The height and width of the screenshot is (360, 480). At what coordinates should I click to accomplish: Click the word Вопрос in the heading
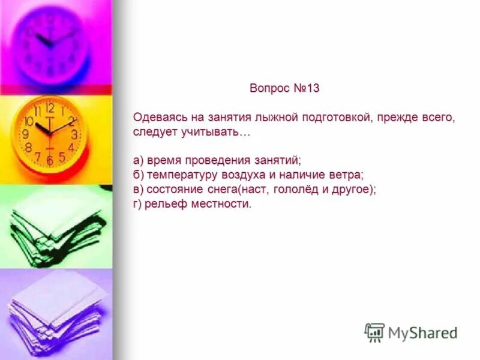pos(270,88)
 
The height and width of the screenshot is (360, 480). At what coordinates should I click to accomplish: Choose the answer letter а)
pos(139,161)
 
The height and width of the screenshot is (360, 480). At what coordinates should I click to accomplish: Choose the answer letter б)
pos(139,175)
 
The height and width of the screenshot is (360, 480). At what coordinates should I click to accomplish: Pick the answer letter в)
pos(139,190)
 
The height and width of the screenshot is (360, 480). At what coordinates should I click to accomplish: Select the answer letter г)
pos(138,204)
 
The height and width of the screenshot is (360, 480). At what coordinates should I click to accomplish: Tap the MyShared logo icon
pos(374,332)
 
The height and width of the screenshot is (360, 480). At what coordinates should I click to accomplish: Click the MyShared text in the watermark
pos(422,332)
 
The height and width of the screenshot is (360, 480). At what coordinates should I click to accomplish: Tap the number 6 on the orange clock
pos(50,161)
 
